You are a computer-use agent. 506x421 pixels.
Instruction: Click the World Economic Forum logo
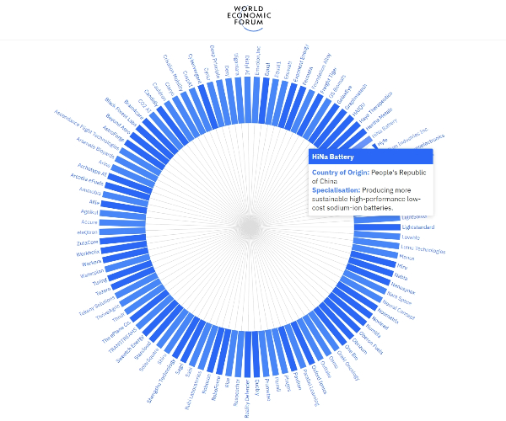coord(252,17)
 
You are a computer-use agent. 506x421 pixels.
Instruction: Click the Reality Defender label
coord(247,396)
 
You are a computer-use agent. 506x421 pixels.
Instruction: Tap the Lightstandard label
coord(420,227)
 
